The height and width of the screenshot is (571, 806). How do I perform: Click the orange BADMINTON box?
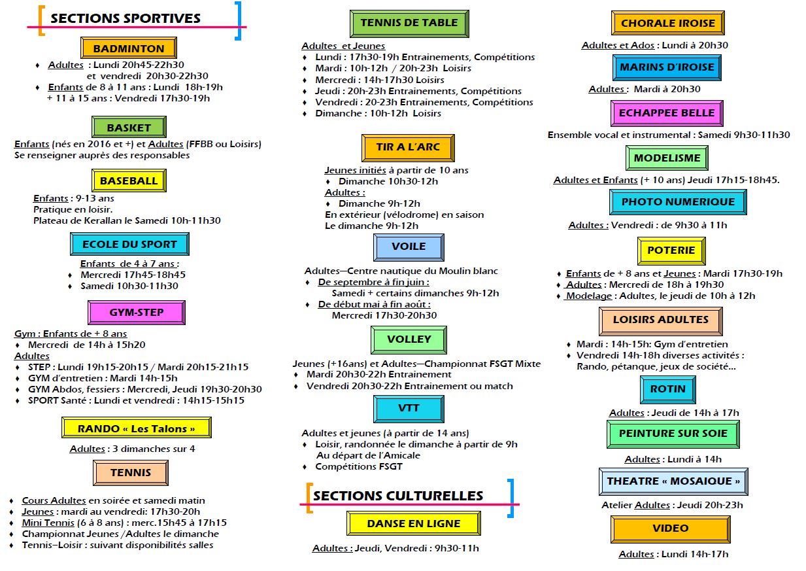129,48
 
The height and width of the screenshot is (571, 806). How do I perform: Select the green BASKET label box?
129,127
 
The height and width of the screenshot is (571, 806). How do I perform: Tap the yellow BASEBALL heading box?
129,181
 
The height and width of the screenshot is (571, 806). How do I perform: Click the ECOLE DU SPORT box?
129,244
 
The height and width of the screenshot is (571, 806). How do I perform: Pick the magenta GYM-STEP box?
137,312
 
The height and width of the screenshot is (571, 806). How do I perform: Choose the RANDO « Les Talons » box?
137,428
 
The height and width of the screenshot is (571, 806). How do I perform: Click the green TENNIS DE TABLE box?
409,24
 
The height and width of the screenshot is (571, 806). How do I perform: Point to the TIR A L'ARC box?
408,148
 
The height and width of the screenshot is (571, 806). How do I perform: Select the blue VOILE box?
409,247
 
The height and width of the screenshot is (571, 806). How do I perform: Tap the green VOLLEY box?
409,339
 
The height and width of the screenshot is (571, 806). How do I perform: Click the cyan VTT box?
409,409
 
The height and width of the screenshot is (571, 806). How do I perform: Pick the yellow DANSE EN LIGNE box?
413,523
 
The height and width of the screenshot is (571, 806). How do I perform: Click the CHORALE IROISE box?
668,23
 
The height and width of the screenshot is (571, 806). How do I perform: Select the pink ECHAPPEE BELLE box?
667,113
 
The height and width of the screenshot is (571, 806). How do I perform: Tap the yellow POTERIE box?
671,251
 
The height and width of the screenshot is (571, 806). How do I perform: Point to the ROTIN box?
668,389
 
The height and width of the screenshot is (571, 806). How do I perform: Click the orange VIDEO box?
670,528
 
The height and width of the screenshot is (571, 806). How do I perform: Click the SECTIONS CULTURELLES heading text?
398,496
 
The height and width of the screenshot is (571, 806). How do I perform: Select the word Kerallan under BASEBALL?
104,220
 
